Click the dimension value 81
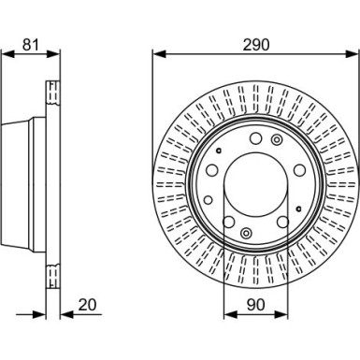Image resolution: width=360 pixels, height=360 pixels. pos(31,45)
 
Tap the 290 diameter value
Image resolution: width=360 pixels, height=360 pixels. pos(256,45)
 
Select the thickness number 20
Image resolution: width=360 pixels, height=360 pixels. pos(87,305)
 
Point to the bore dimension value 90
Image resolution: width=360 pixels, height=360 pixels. pos(255,305)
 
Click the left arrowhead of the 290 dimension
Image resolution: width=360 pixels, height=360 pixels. pos(159,53)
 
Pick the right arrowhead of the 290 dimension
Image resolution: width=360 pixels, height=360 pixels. pos(353,53)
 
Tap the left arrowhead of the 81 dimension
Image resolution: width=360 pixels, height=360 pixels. pos(7,53)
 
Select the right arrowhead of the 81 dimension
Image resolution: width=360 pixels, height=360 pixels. pos(53,53)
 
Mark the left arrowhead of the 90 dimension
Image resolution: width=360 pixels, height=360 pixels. pos(230,315)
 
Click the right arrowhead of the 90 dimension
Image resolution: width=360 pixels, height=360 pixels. pos(281,315)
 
